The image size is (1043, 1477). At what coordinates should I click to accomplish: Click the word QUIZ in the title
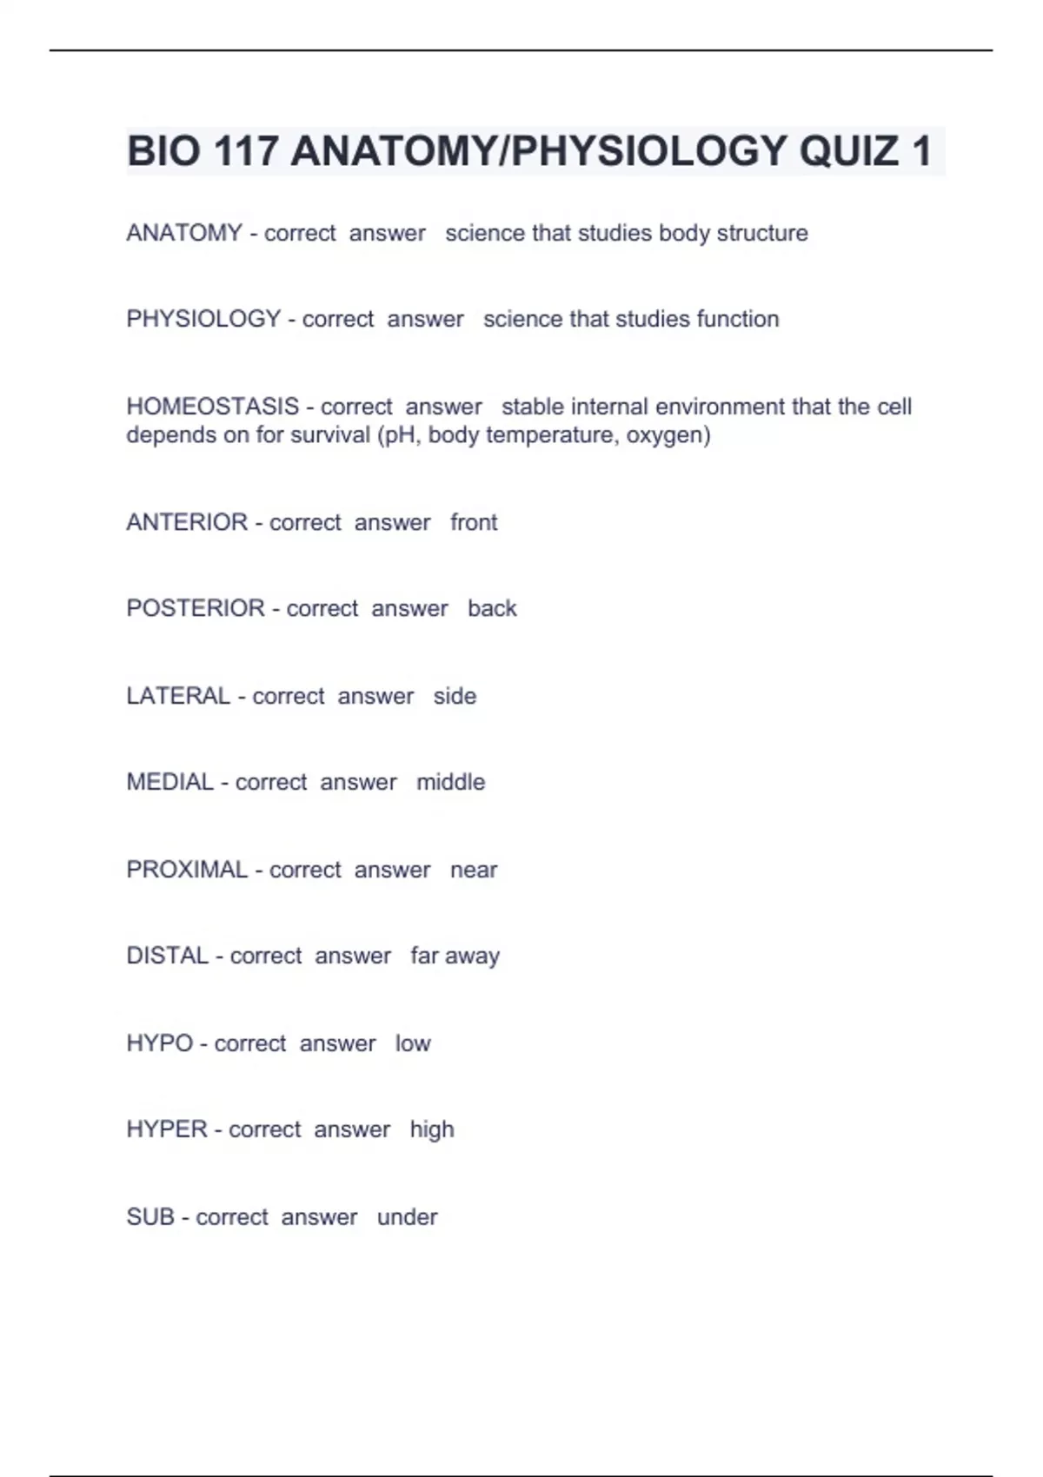[848, 151]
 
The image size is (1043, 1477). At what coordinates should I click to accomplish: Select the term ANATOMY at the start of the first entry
[184, 233]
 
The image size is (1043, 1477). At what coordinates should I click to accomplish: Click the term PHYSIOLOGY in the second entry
[203, 319]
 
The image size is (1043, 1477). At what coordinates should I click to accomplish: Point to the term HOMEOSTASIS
[213, 406]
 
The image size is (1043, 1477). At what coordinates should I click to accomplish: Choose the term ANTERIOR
[187, 522]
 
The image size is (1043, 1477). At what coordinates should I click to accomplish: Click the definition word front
[474, 522]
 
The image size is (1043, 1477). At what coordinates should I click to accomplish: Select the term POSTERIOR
[196, 608]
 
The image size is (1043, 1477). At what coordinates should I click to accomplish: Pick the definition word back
[492, 608]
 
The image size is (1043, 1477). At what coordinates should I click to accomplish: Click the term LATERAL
[178, 696]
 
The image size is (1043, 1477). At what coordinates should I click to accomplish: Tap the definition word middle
[450, 782]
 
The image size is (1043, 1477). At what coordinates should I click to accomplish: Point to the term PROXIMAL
[187, 870]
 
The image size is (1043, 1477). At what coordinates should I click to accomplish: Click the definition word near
[474, 870]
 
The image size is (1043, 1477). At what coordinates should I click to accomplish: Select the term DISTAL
[168, 956]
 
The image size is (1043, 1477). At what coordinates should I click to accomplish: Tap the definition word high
[432, 1129]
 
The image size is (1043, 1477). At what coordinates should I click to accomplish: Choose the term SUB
[150, 1216]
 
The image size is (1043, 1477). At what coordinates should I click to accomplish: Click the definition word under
[407, 1216]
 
